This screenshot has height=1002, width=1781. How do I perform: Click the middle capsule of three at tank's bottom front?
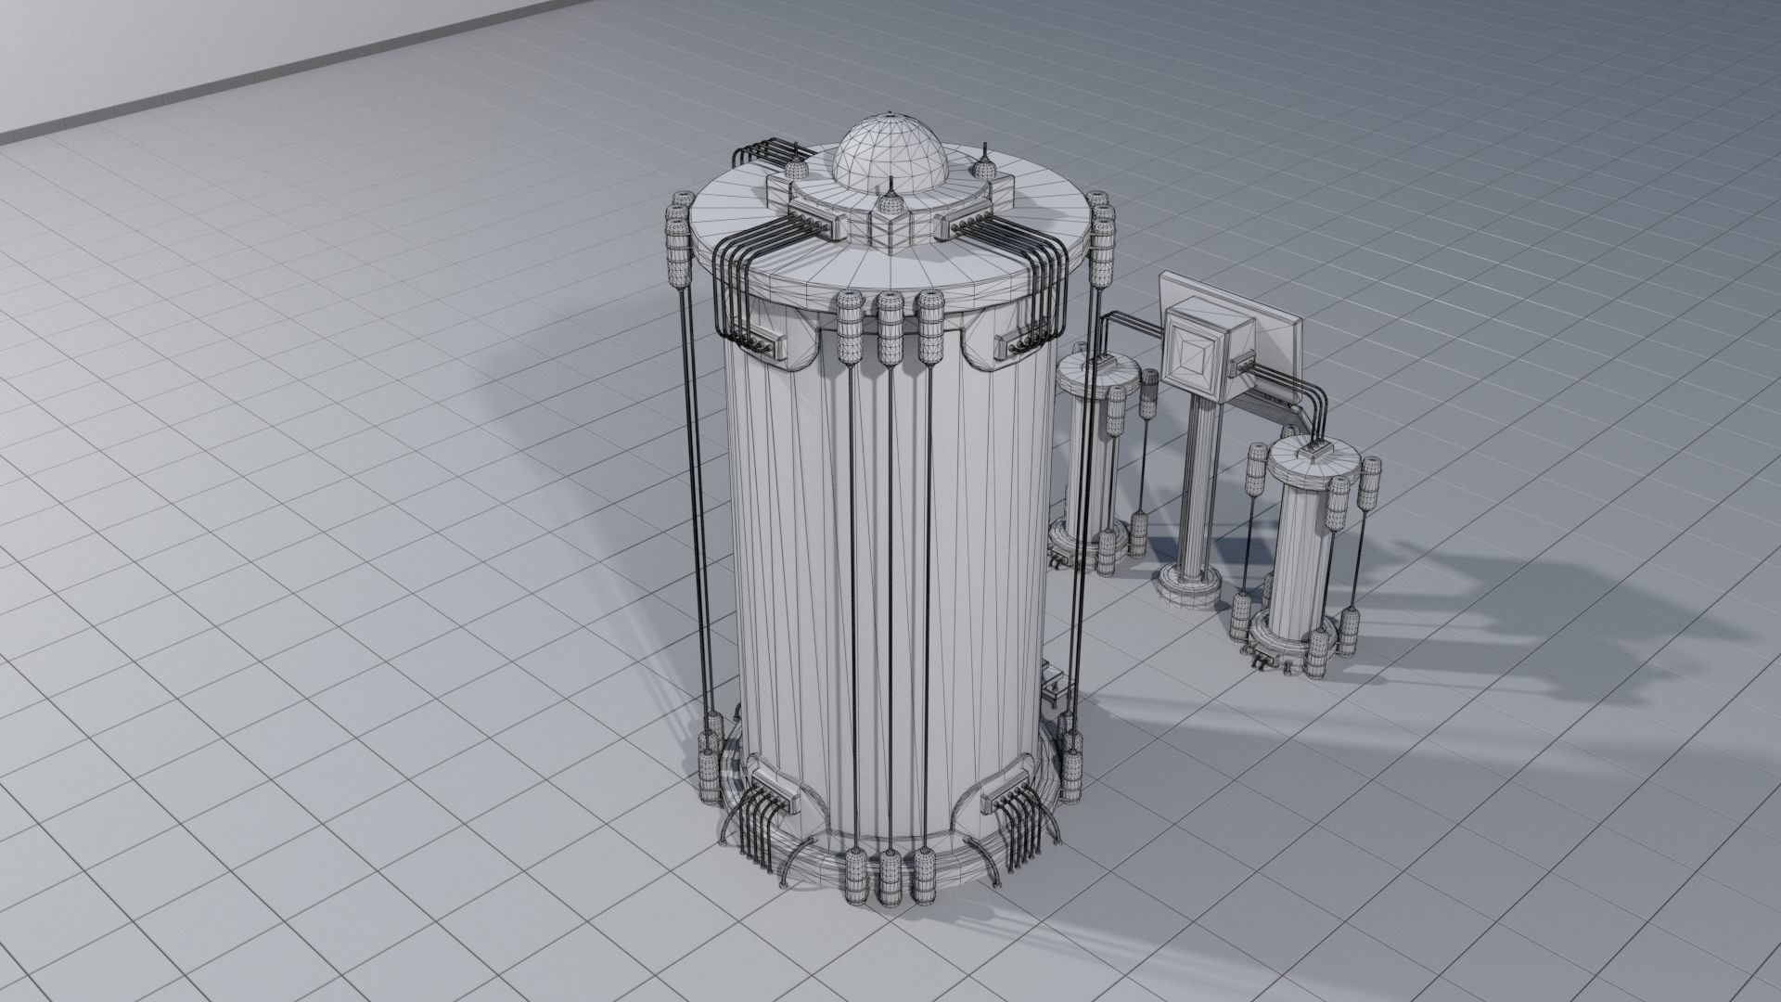point(890,877)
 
